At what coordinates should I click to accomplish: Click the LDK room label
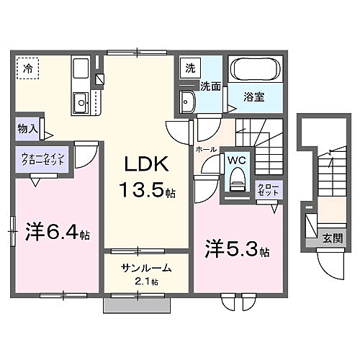(148, 165)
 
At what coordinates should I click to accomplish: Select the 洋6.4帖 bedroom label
(58, 234)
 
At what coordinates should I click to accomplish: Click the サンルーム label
(146, 268)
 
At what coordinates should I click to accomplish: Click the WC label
(237, 161)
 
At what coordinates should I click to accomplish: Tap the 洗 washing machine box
(190, 69)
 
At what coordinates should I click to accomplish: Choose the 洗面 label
(210, 87)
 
